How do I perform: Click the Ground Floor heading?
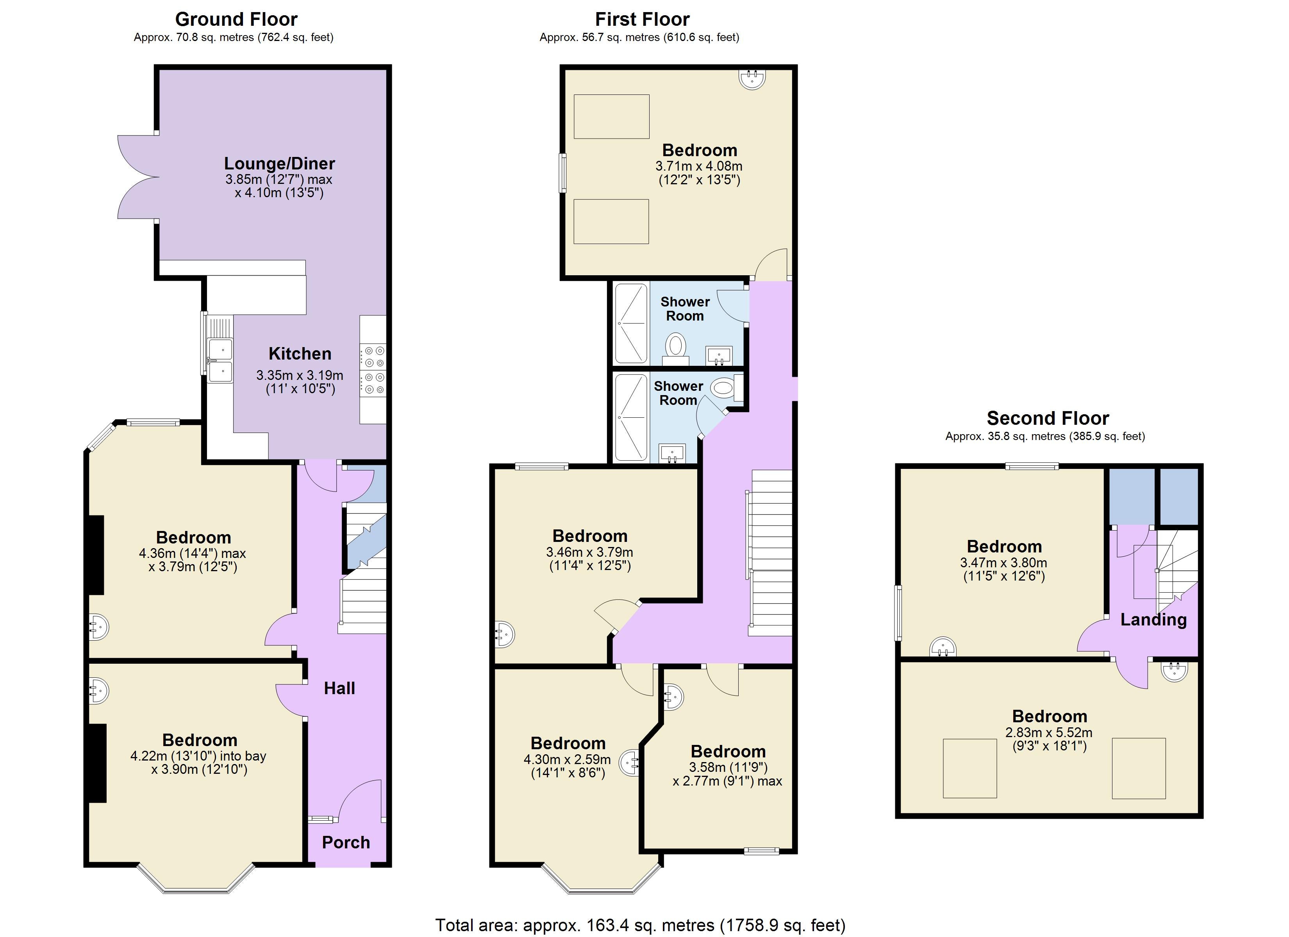[236, 19]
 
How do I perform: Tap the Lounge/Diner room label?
[280, 164]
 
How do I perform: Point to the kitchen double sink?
[220, 360]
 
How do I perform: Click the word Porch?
[346, 842]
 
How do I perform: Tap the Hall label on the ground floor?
[339, 688]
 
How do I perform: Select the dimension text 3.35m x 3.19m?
[300, 375]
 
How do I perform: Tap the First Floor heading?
[642, 19]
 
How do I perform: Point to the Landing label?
[1153, 620]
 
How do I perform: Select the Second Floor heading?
[1048, 418]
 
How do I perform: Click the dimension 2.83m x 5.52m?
[1049, 732]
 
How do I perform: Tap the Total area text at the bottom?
[641, 925]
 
